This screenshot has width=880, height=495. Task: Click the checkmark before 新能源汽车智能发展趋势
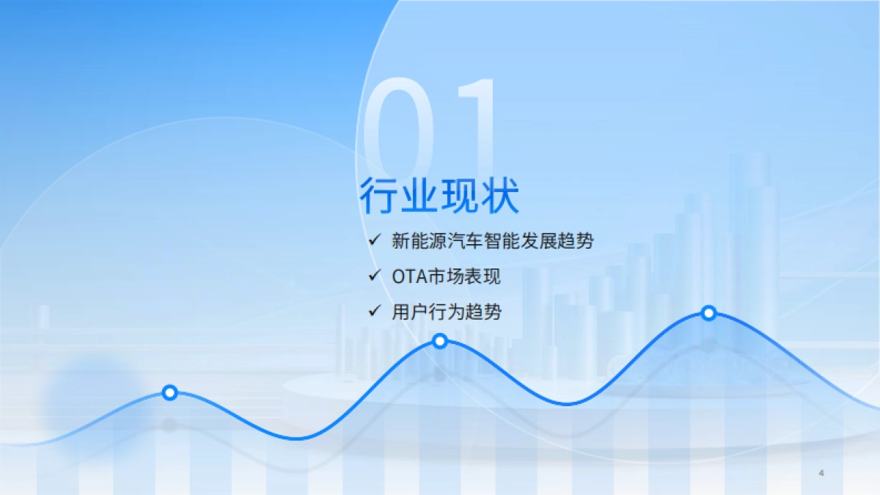pyautogui.click(x=375, y=240)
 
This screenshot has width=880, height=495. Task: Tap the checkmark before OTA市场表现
pyautogui.click(x=375, y=276)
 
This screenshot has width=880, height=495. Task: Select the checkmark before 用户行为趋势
pyautogui.click(x=375, y=312)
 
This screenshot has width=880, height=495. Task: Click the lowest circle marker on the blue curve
pyautogui.click(x=169, y=392)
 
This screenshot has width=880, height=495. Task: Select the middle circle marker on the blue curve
pyautogui.click(x=440, y=341)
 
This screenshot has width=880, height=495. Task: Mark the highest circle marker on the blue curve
pyautogui.click(x=708, y=313)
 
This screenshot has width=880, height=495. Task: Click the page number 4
pyautogui.click(x=821, y=473)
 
